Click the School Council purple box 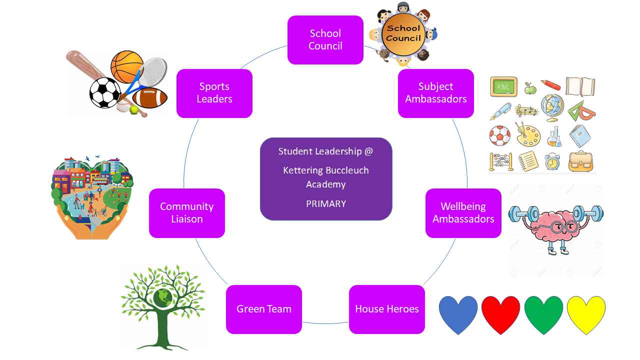click(325, 40)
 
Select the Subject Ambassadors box click(436, 93)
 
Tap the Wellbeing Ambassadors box click(463, 213)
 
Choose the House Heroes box click(387, 309)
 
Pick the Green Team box click(264, 309)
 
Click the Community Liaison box click(187, 213)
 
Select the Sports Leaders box click(214, 93)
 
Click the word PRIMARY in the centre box click(326, 204)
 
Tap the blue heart click(458, 314)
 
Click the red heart click(501, 314)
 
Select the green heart click(543, 314)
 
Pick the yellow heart click(586, 314)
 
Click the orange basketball click(127, 66)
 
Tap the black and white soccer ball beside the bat click(105, 93)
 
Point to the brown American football click(149, 97)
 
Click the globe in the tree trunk click(163, 297)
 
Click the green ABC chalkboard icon click(503, 87)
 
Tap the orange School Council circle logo click(403, 33)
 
